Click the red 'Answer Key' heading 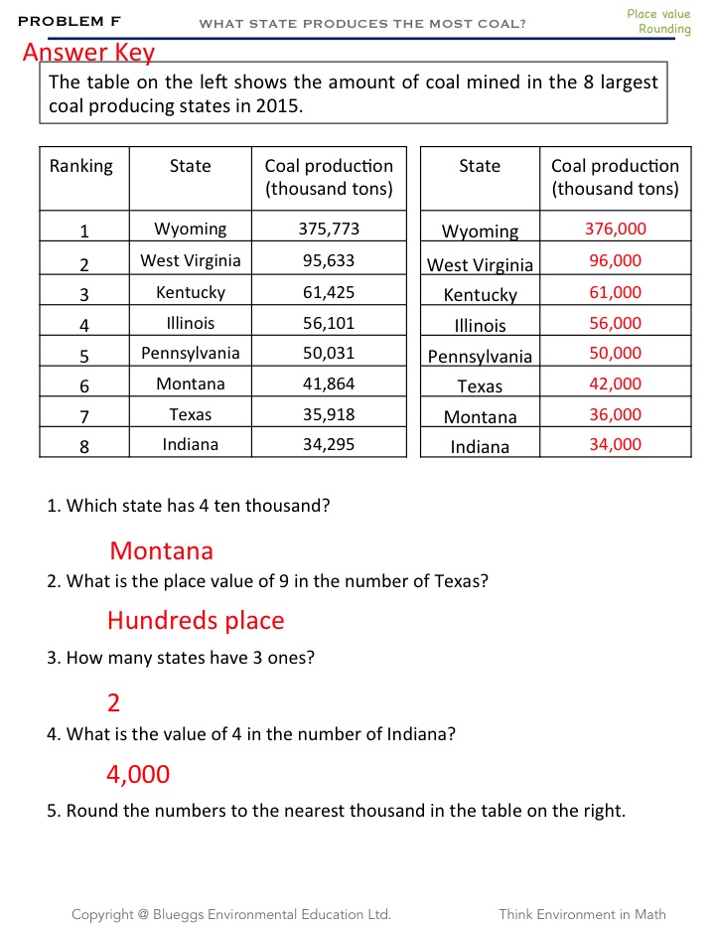(88, 53)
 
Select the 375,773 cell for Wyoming (329, 230)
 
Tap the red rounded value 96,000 (615, 261)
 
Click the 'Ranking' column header (81, 166)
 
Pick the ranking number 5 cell (84, 356)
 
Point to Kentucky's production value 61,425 (329, 292)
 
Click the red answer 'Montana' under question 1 (161, 550)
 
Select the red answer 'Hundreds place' (196, 621)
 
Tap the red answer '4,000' (138, 774)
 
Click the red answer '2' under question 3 (114, 703)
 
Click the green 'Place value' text (658, 14)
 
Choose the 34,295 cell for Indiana (329, 445)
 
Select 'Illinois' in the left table (190, 323)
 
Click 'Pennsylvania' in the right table (480, 357)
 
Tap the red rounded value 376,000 (615, 230)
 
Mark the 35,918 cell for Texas (329, 414)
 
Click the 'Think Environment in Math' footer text (582, 914)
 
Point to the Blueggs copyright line (230, 914)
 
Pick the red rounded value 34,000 (615, 445)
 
